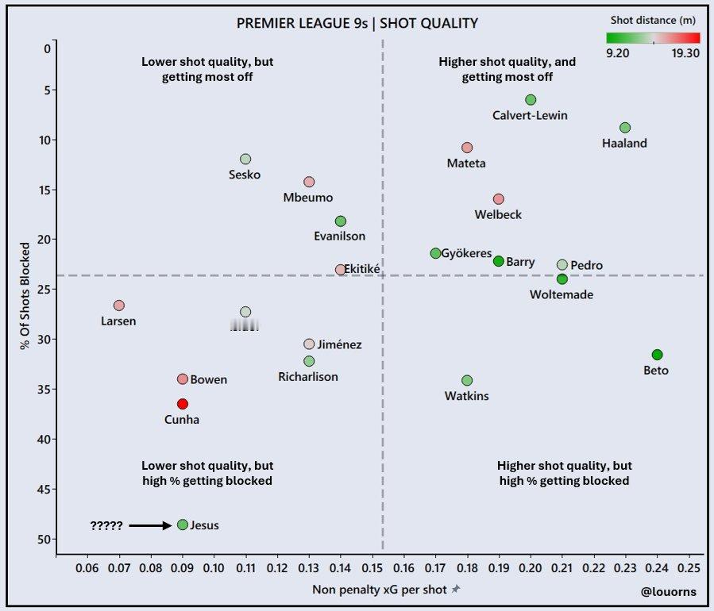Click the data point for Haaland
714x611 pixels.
(625, 128)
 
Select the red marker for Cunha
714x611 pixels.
(183, 404)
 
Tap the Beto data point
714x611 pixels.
(657, 355)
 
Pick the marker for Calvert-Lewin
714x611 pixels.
(531, 100)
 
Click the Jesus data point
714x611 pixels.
(183, 525)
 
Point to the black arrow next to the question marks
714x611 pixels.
(150, 525)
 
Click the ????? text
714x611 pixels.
(106, 525)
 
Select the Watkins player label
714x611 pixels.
(467, 396)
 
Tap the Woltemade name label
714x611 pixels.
(562, 294)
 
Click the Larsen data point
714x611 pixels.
(119, 305)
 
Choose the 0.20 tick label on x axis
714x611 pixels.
(531, 570)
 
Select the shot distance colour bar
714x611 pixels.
(652, 37)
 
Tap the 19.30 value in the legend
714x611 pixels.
(685, 52)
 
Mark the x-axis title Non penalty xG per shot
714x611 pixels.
(372, 589)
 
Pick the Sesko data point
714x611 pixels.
(245, 159)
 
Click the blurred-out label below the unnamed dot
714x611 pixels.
(245, 325)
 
